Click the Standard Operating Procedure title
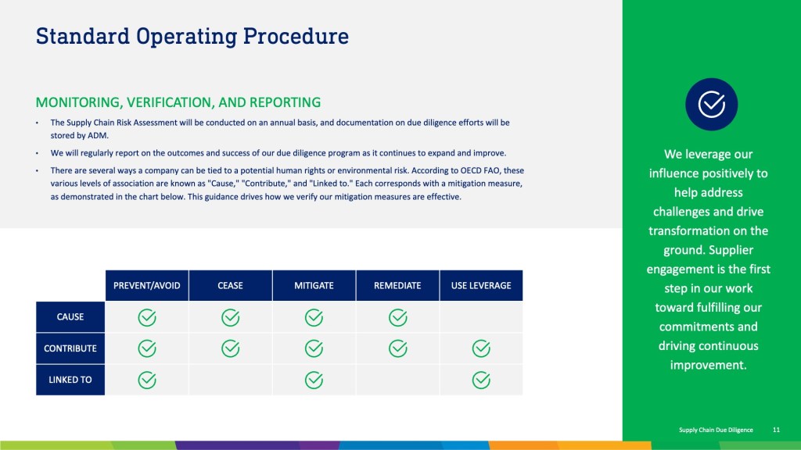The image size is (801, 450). point(192,37)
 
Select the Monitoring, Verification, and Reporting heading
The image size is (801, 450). point(178,102)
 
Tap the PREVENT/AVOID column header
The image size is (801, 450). point(146,286)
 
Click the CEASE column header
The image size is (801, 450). point(231,286)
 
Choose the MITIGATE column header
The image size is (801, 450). point(314,286)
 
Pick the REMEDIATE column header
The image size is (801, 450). point(397,286)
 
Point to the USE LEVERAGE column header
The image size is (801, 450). point(481,286)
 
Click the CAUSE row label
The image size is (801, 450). point(70,317)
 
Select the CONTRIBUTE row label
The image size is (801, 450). point(70,348)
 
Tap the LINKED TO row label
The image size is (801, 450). point(70,380)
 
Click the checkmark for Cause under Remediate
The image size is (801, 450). point(397,317)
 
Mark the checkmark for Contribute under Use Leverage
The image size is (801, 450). point(481,348)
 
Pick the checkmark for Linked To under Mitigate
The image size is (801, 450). point(314,380)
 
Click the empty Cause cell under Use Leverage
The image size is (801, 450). point(481,317)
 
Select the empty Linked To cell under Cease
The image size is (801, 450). point(231,380)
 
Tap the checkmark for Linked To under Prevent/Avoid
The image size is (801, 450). point(146,380)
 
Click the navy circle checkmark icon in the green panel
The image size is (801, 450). point(711,104)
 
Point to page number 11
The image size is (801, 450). point(776,430)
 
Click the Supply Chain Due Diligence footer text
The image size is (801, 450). point(716,430)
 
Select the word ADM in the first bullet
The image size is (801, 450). point(98,136)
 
